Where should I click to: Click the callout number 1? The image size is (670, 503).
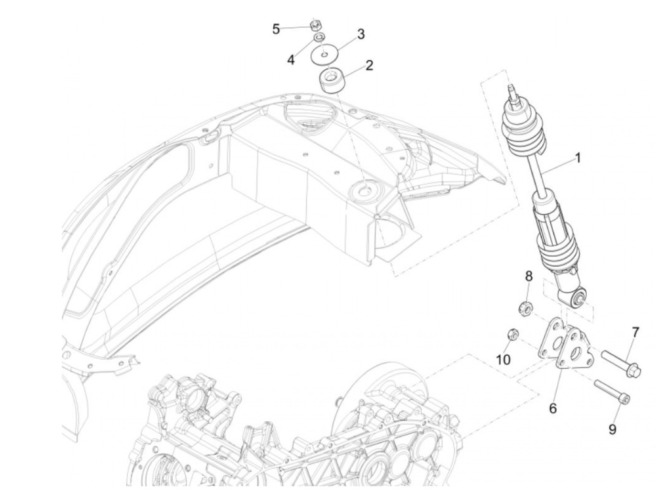coord(578,157)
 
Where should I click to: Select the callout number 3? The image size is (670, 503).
coord(361,34)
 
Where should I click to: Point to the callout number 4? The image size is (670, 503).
coord(290,60)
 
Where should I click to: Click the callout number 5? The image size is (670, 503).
coord(276,29)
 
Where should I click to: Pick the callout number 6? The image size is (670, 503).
coord(553,408)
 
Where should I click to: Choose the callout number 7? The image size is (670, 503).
coord(636,332)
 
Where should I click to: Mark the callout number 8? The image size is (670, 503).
coord(529,276)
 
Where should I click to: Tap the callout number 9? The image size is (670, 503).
coord(613,429)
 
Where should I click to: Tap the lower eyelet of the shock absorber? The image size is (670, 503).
coord(578,298)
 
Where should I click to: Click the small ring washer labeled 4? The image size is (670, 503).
coord(318,37)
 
